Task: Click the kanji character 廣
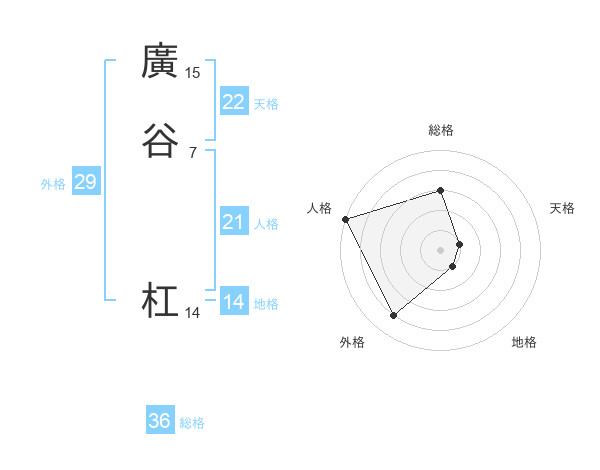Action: pos(160,62)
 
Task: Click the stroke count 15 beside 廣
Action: pos(193,73)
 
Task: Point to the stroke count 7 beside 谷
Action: pos(192,152)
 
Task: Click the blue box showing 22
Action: pos(234,102)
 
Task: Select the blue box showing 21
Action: pos(234,222)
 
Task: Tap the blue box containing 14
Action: pos(234,302)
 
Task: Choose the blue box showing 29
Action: pos(85,182)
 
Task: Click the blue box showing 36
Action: pos(160,421)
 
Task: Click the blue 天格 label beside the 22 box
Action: pos(266,104)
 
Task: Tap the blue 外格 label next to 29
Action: pos(53,184)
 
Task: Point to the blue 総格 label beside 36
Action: pos(192,423)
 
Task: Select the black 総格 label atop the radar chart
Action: pos(441,130)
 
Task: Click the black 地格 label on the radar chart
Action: pos(524,342)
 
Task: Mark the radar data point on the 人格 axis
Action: pos(345,218)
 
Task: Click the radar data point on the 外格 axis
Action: pos(393,316)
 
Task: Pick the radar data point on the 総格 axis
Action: pos(441,190)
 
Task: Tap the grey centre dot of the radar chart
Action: pos(441,249)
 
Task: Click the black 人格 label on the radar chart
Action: pos(319,207)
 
